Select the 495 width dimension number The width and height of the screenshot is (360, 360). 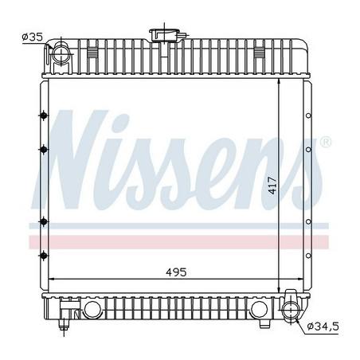pyautogui.click(x=175, y=272)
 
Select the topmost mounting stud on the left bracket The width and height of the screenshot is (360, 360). pyautogui.click(x=41, y=117)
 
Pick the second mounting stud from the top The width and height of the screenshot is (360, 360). pyautogui.click(x=41, y=148)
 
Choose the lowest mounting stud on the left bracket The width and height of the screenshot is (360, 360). pyautogui.click(x=41, y=254)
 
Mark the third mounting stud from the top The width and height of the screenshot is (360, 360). pyautogui.click(x=41, y=221)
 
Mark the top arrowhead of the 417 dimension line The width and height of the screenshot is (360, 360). pyautogui.click(x=278, y=84)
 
